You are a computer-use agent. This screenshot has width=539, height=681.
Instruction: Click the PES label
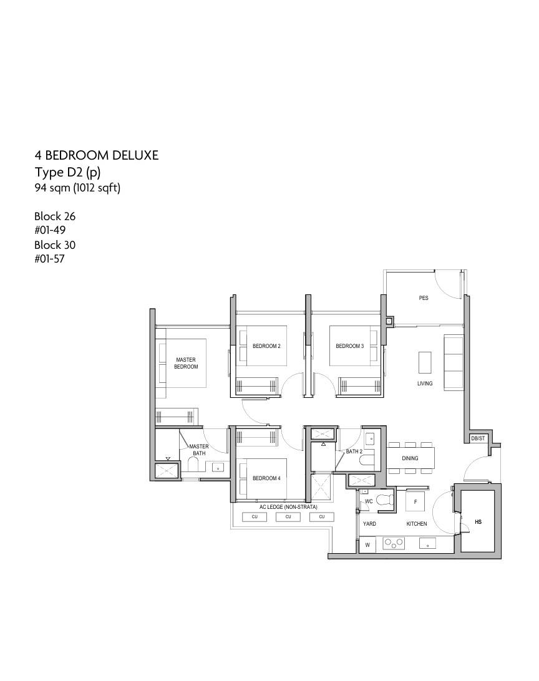point(424,298)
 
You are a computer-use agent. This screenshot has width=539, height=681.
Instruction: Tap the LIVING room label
point(425,384)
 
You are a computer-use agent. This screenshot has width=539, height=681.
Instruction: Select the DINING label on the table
point(410,458)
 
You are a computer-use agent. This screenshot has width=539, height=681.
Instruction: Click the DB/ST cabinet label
point(478,438)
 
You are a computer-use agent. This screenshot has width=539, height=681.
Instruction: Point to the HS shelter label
point(478,521)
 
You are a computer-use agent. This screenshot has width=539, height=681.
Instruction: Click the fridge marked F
point(415,501)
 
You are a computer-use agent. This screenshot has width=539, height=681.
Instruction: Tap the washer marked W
point(367,544)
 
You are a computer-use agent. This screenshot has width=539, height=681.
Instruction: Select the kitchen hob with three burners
point(394,543)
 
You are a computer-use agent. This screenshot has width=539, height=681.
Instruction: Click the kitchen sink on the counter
point(428,543)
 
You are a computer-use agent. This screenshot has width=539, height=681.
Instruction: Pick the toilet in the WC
point(384,500)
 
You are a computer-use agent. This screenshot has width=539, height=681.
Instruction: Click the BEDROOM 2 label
point(266,346)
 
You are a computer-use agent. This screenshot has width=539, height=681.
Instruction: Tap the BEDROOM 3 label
point(349,346)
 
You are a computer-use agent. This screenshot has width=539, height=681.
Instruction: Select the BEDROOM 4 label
point(266,478)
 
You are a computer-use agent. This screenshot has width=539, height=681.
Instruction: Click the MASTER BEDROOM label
point(186,363)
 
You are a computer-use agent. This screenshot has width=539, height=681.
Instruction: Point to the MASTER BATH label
point(199,450)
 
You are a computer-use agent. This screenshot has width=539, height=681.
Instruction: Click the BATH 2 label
point(354,452)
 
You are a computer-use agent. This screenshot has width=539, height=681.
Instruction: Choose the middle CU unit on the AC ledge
point(288,517)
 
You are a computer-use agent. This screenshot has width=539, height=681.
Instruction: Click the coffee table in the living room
point(425,363)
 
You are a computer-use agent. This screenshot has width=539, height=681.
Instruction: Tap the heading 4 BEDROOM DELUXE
point(97,155)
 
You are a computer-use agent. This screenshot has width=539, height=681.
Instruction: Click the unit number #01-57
point(49,259)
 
